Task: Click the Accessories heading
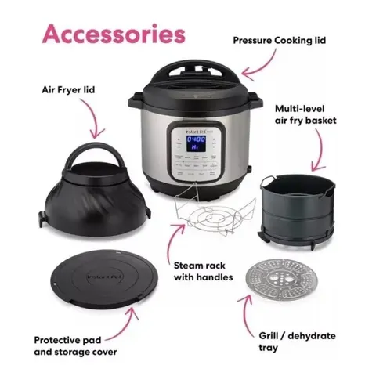pyautogui.click(x=114, y=35)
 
